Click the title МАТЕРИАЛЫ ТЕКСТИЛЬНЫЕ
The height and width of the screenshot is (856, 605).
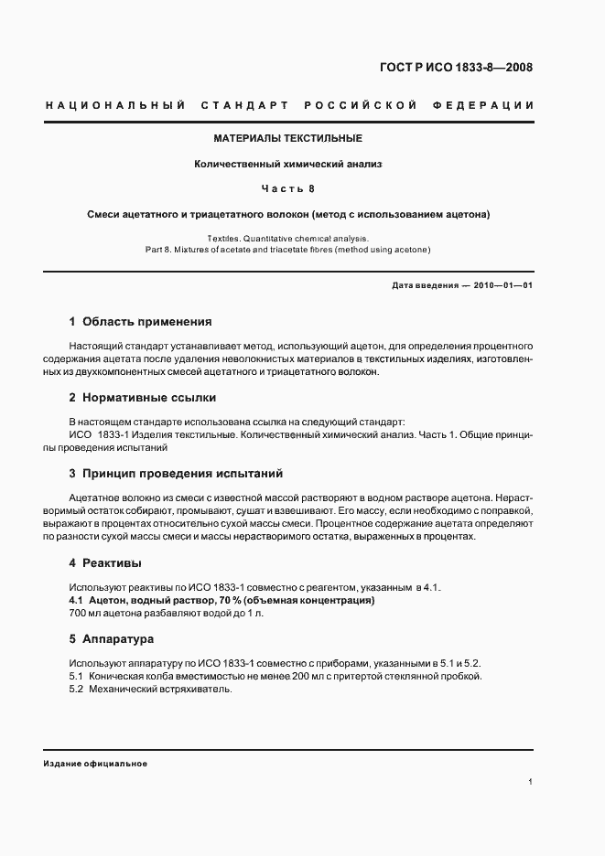point(288,138)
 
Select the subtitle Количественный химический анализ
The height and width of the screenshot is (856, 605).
point(287,165)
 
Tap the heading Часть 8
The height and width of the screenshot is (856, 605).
point(288,189)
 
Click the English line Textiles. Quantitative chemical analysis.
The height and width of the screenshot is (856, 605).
point(287,238)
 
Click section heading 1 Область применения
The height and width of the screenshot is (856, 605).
point(141,322)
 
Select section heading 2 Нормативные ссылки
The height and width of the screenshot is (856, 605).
point(143,398)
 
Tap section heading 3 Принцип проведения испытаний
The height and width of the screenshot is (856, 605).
point(176,474)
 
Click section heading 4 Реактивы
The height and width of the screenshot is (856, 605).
point(105,562)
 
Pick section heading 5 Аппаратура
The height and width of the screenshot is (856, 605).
point(112,638)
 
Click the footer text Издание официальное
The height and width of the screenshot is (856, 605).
point(95,764)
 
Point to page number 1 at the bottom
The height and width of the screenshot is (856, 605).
point(531,782)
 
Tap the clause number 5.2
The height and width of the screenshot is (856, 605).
point(77,689)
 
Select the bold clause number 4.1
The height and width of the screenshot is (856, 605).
point(77,600)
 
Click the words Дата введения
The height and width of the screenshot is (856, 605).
point(425,285)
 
